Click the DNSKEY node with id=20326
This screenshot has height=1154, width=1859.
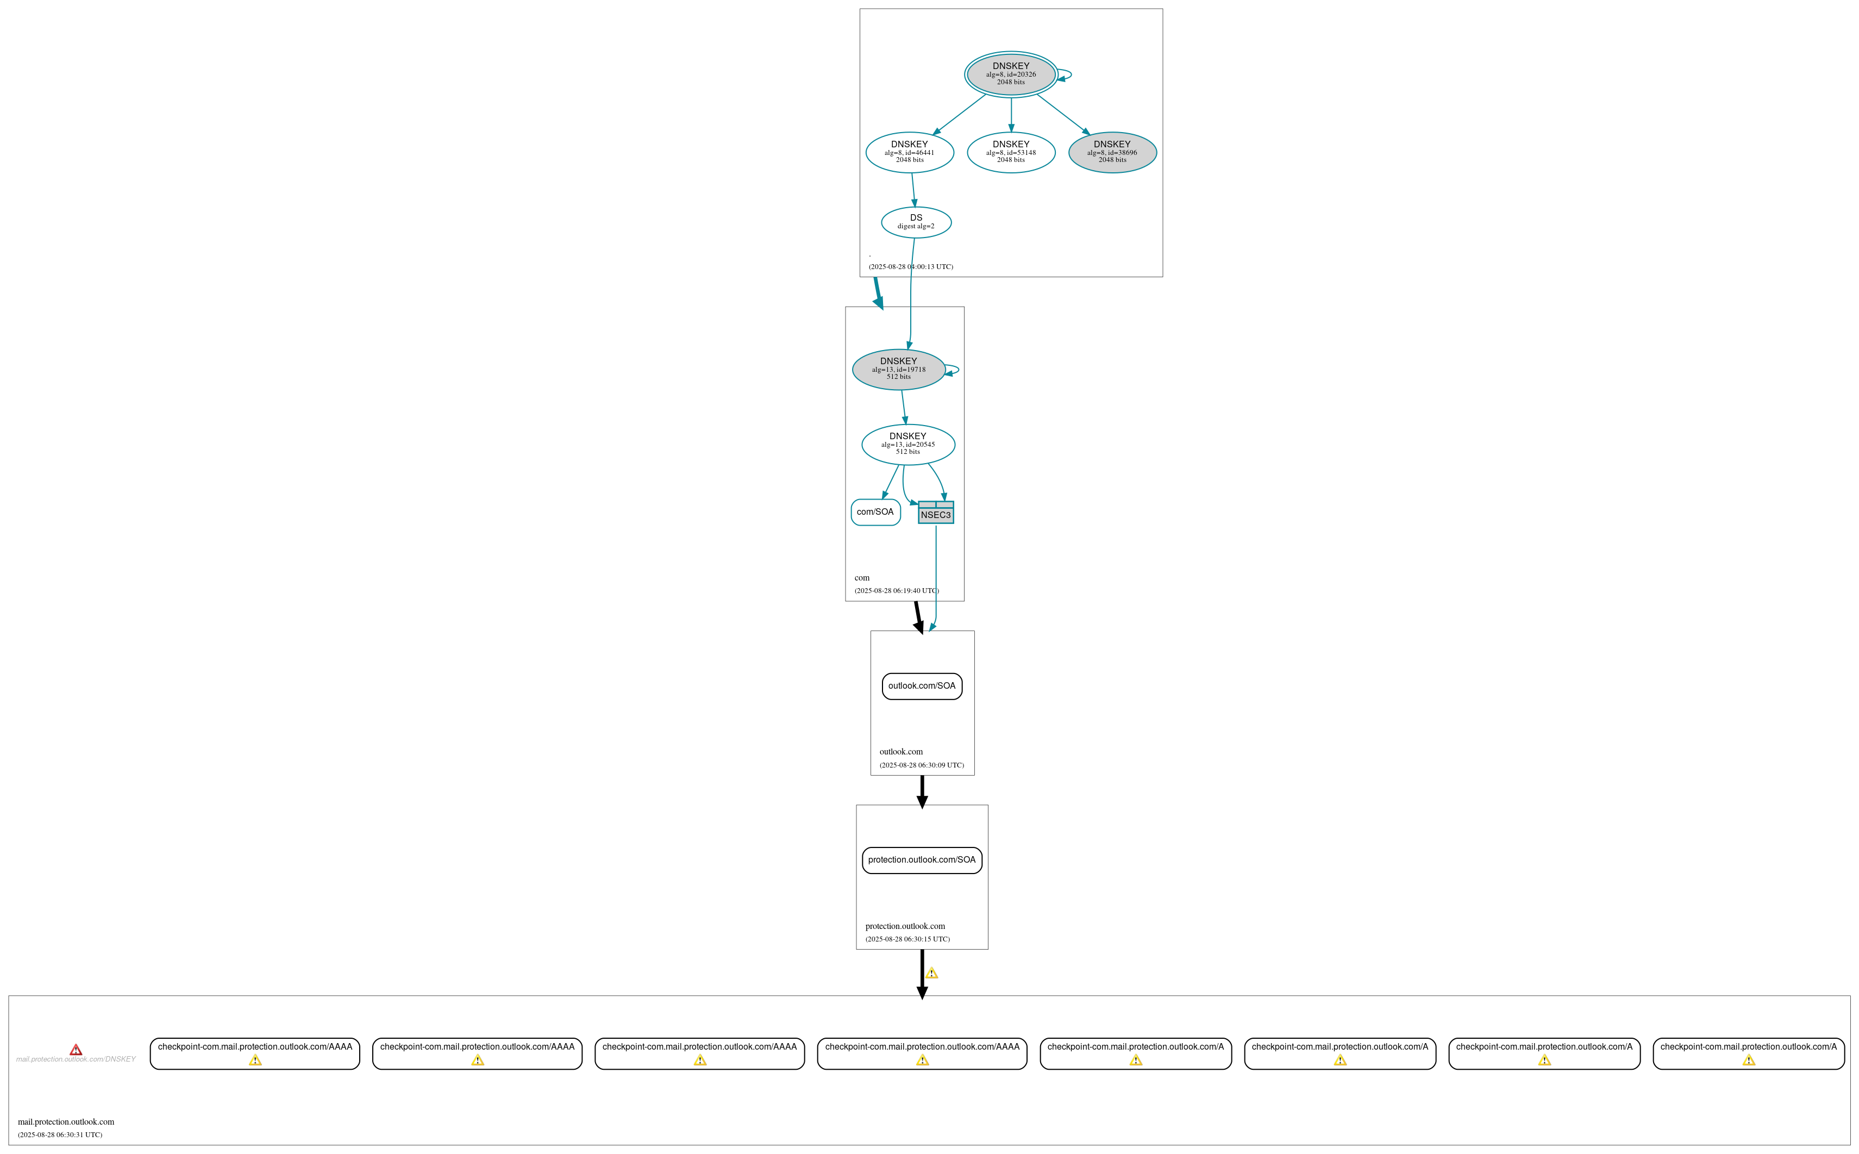[x=1011, y=74]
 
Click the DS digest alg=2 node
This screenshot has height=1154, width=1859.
[x=916, y=222]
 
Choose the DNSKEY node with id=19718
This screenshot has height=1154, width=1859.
[x=899, y=370]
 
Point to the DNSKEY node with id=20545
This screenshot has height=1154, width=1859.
[x=907, y=444]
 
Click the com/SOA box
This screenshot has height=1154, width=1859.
[x=875, y=512]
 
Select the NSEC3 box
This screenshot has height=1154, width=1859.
[x=935, y=513]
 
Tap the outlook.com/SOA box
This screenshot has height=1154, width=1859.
[x=922, y=686]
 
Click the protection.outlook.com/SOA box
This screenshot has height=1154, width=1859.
[x=922, y=860]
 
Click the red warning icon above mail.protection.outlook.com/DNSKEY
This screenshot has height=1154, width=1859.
[x=76, y=1050]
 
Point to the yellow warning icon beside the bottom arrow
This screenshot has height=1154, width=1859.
[x=931, y=973]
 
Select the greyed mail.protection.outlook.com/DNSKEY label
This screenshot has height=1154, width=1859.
[x=76, y=1059]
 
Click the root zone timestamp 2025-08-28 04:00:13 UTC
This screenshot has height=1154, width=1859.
[x=910, y=267]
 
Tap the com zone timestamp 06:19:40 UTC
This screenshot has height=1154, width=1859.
[x=896, y=591]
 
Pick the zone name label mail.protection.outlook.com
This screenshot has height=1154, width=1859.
[x=66, y=1122]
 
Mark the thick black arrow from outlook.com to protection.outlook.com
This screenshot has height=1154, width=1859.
[x=922, y=791]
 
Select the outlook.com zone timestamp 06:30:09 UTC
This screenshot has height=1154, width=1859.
[x=922, y=765]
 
